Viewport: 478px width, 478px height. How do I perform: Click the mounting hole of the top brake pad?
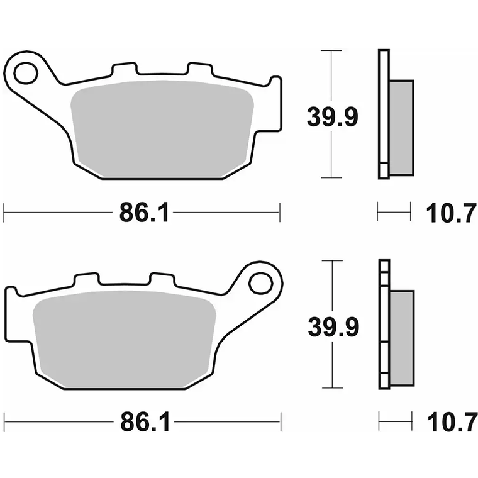[x=26, y=73]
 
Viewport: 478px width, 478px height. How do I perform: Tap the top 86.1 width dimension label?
[x=144, y=213]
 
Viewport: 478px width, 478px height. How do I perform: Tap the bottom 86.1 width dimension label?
[x=144, y=423]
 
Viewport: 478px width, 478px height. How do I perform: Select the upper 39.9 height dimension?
[x=332, y=116]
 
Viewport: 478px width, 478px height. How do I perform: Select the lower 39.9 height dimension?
[x=333, y=326]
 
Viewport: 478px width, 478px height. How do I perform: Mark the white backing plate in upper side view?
[x=383, y=113]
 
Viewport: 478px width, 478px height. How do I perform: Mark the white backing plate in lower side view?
[x=384, y=324]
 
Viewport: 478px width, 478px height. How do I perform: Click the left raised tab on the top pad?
[x=123, y=69]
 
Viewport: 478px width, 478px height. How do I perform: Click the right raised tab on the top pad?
[x=200, y=69]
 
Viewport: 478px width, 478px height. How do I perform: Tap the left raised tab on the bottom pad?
[x=86, y=279]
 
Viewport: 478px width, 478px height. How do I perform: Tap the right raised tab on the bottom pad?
[x=162, y=279]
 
